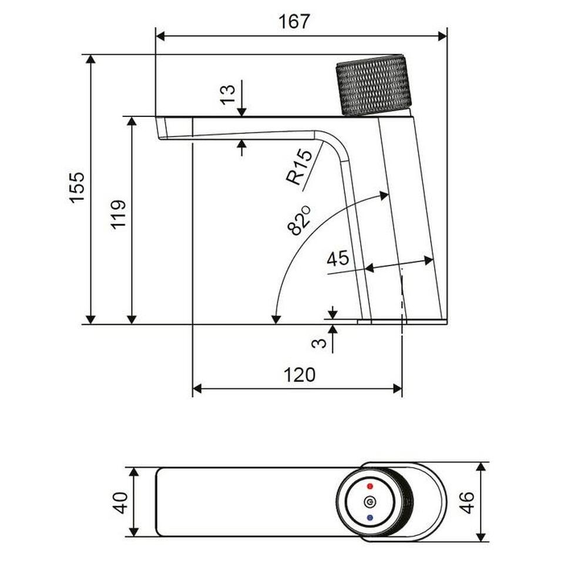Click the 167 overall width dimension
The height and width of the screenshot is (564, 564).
pos(294,22)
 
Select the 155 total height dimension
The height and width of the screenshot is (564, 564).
pos(78,187)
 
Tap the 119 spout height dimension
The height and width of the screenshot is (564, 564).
pos(118,215)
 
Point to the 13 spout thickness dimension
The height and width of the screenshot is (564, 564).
pos(228,94)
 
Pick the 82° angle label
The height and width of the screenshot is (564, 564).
pos(299,220)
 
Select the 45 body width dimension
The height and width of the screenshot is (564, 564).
pos(338,258)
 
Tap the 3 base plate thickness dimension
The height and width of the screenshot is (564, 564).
pos(319,343)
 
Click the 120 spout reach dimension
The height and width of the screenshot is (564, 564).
pos(299,375)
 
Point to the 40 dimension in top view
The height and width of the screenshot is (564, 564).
pos(120,502)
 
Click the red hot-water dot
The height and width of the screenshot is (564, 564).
pos(370,486)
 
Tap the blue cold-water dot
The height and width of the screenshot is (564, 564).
pos(370,518)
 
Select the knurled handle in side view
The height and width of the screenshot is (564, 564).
pos(374,85)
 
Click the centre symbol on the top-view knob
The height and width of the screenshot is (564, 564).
pos(370,502)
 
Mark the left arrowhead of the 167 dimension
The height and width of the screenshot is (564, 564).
pos(160,36)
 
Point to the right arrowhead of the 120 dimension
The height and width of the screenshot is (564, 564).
pos(397,388)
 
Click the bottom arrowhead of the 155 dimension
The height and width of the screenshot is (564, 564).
pos(91,319)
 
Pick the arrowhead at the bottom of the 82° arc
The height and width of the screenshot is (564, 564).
pos(276,319)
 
